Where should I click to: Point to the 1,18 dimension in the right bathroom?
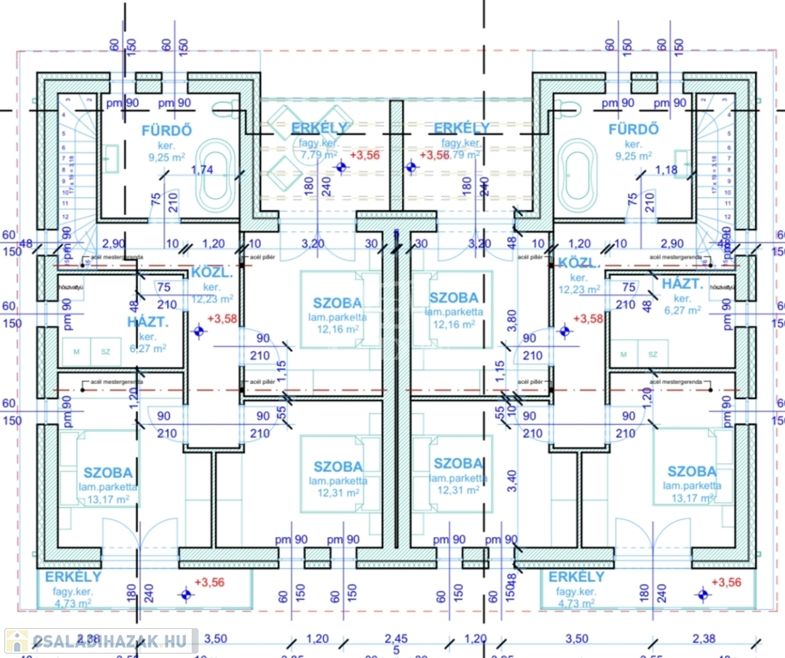click(665, 170)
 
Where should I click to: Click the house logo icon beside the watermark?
click(15, 641)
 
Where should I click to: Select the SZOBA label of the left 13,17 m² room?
click(108, 472)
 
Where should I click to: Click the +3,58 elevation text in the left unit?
click(224, 319)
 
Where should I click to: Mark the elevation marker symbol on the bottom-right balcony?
click(703, 592)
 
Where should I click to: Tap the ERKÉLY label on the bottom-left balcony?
click(74, 577)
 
